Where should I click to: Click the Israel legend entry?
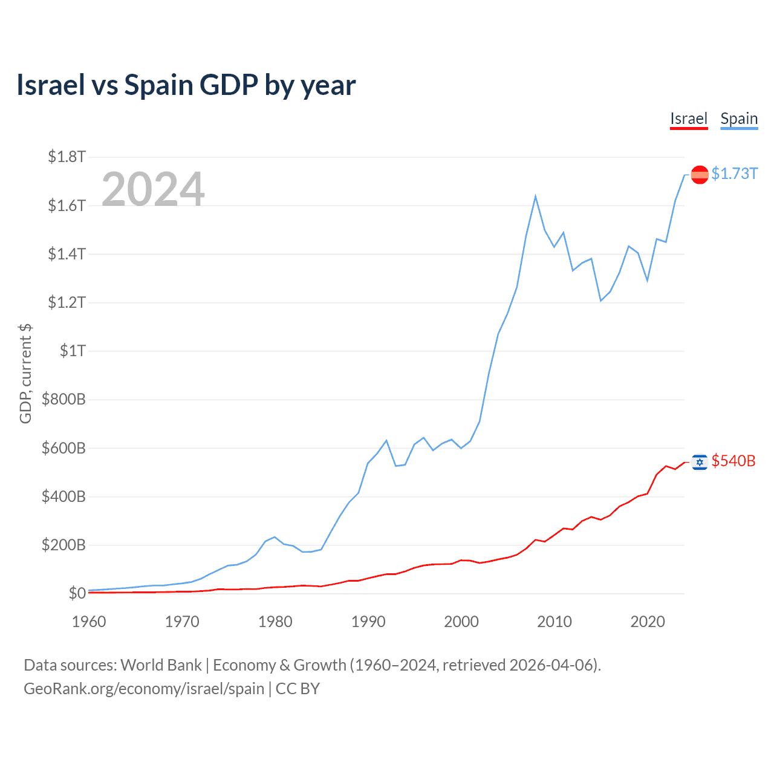(x=689, y=119)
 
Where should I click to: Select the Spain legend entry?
(x=739, y=119)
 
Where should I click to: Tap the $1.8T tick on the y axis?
(x=67, y=157)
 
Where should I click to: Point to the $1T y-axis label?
(x=73, y=351)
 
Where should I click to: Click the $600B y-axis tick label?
(x=63, y=448)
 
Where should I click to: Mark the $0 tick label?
(x=77, y=593)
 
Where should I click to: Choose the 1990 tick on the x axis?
(x=368, y=622)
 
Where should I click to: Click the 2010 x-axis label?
(x=554, y=622)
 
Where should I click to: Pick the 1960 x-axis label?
(x=89, y=622)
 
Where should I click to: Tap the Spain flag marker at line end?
(x=700, y=175)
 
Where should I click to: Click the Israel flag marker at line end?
(x=700, y=462)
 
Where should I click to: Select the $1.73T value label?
(x=734, y=174)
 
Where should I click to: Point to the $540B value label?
(x=733, y=461)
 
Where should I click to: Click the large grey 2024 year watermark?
(x=153, y=189)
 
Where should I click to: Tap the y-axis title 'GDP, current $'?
(x=25, y=374)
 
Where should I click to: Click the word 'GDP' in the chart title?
(x=229, y=85)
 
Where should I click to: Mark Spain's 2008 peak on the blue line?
(x=536, y=197)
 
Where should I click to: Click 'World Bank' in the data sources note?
(x=161, y=665)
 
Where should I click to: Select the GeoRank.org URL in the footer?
(x=144, y=689)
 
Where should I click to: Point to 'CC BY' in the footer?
(x=298, y=689)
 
